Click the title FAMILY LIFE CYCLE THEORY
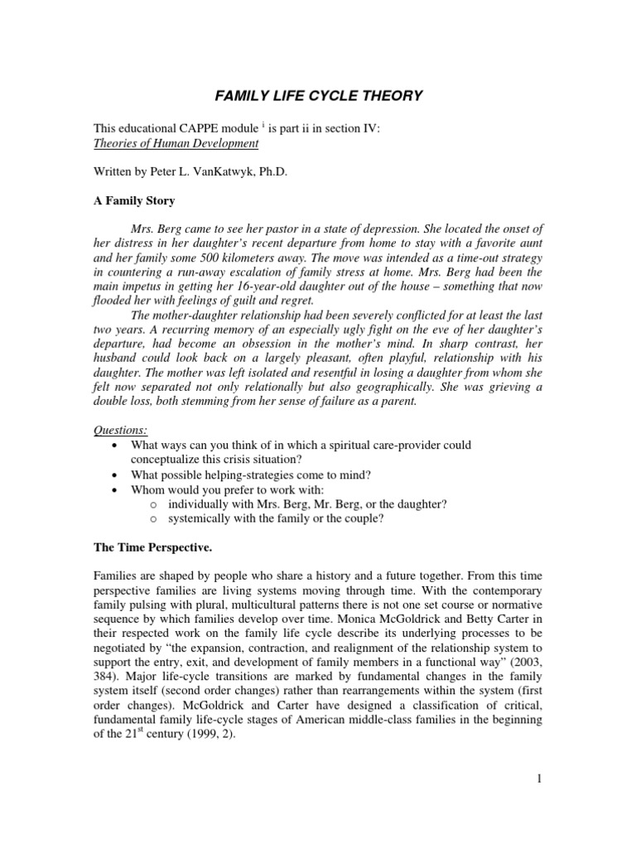[x=319, y=96]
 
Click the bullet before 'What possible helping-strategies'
[x=114, y=475]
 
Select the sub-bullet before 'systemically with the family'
[x=154, y=518]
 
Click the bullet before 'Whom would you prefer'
[x=114, y=489]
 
